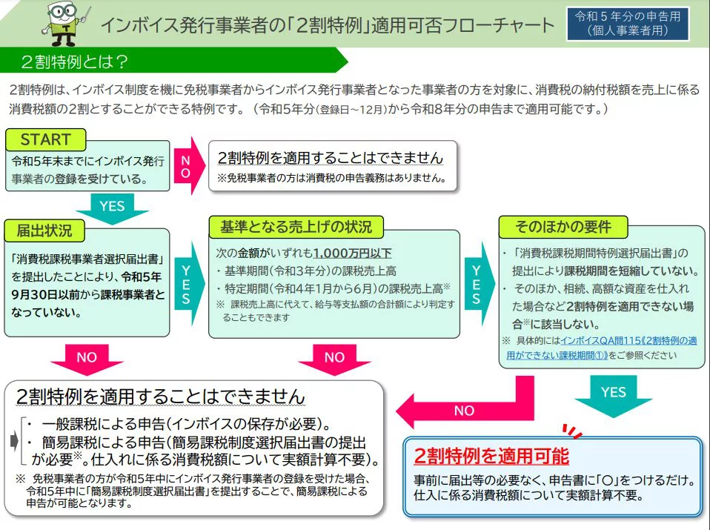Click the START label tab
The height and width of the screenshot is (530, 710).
click(46, 139)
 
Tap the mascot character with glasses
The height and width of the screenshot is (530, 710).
click(64, 24)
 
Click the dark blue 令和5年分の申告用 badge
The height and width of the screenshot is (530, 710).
click(628, 24)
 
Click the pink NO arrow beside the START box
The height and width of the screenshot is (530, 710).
click(189, 166)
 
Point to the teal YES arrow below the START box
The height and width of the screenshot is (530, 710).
click(112, 208)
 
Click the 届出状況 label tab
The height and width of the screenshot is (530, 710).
click(44, 231)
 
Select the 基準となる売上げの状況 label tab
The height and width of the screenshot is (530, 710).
click(296, 227)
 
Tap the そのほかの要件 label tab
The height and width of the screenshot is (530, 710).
click(563, 227)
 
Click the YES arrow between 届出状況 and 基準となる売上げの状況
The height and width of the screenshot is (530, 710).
click(189, 284)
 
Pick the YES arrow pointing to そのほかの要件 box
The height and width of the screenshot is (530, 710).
click(479, 284)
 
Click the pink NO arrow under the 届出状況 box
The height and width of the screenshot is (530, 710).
click(87, 360)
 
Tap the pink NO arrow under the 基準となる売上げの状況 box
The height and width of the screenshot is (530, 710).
click(334, 360)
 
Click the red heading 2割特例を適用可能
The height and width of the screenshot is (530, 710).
click(491, 456)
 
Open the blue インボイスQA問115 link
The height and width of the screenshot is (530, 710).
click(601, 348)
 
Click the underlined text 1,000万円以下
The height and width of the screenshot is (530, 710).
click(352, 254)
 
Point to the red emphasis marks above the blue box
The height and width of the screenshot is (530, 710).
click(572, 431)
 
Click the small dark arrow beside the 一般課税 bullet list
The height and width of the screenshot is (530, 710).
click(14, 441)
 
